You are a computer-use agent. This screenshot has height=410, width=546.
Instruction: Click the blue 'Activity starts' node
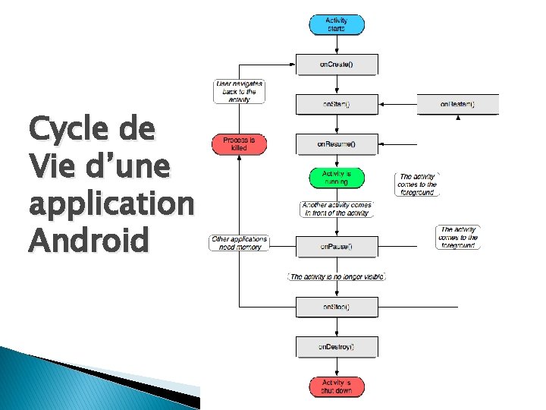pos(336,24)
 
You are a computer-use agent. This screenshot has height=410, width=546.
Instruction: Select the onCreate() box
pos(336,64)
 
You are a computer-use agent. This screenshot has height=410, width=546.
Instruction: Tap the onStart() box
pos(336,103)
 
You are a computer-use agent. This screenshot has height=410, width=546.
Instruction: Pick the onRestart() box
pos(458,104)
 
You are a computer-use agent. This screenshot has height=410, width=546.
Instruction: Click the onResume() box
pos(336,143)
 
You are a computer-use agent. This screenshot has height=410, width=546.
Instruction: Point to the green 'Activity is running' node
pos(336,178)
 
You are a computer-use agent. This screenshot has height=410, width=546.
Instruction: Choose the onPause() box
pos(336,246)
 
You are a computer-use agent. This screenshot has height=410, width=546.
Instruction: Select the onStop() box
pos(336,307)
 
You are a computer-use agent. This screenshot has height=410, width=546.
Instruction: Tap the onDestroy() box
pos(336,347)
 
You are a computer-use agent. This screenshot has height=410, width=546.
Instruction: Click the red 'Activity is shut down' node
pos(336,386)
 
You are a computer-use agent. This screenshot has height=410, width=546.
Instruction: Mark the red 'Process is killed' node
pos(240,143)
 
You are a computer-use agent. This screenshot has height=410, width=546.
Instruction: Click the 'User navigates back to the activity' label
pos(240,91)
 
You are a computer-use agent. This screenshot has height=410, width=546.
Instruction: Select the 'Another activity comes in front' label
pos(336,209)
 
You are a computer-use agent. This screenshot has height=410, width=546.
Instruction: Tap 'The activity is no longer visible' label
pos(337,277)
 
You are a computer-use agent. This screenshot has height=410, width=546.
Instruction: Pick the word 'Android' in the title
pos(89,241)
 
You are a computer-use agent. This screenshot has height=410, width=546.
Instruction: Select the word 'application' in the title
pos(111,204)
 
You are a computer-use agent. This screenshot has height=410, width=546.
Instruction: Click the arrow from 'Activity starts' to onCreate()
pos(336,44)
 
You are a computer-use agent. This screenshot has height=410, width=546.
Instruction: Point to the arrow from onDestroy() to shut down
pos(336,367)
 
